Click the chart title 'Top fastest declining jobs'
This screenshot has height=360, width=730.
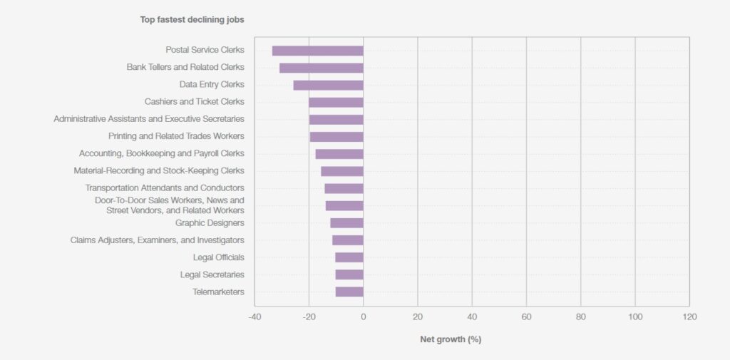[192, 20]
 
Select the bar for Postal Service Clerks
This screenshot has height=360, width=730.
[317, 51]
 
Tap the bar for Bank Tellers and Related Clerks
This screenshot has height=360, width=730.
[321, 68]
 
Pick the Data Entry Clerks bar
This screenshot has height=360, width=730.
[328, 85]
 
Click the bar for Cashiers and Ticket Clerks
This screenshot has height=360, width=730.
[336, 102]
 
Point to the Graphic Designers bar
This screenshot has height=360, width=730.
[346, 223]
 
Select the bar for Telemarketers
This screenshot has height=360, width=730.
[349, 292]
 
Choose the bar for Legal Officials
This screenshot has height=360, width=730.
[349, 257]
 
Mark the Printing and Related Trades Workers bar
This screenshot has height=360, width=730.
[336, 136]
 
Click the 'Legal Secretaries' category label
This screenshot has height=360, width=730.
[212, 274]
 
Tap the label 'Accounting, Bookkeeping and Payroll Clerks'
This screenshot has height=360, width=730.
[161, 153]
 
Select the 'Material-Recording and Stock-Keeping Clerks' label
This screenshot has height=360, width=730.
[158, 170]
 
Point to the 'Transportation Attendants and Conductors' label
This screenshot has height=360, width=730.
[165, 188]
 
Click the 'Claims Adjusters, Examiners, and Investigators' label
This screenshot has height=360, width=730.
[157, 240]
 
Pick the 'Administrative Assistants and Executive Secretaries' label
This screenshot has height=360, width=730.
[149, 119]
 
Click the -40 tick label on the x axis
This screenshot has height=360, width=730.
[254, 317]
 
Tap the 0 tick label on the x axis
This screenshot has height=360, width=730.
[363, 317]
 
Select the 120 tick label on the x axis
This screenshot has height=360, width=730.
[689, 317]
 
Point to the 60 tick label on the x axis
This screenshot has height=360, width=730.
[526, 317]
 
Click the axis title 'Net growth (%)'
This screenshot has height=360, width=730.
[451, 339]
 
